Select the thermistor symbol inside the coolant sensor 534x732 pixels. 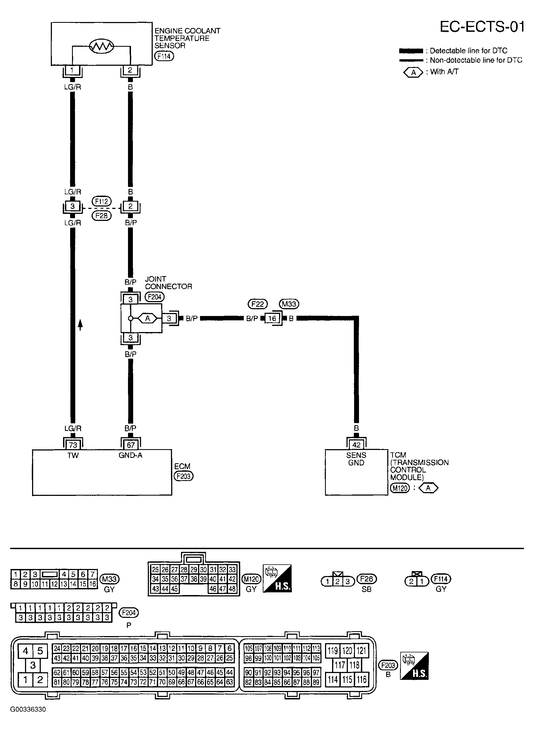point(101,46)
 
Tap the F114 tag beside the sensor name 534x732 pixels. point(164,56)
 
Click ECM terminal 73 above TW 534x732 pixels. point(73,445)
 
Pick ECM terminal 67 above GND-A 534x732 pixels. point(131,445)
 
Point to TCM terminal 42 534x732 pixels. point(356,445)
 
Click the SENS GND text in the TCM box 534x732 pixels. point(356,459)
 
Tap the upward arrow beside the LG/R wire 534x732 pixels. point(80,324)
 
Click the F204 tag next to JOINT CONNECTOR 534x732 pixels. point(155,297)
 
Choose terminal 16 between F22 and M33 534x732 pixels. point(272,318)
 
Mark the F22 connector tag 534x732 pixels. point(258,304)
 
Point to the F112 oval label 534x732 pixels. point(101,202)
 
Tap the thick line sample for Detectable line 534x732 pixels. point(411,51)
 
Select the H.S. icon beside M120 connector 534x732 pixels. point(277,578)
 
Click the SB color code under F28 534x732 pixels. point(367,589)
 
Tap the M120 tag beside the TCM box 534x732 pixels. point(400,488)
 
